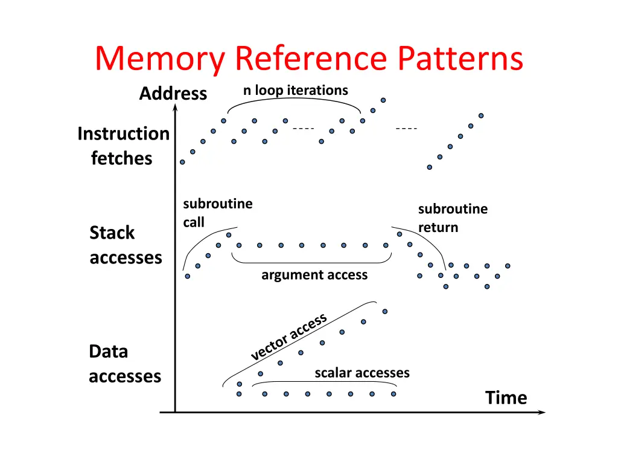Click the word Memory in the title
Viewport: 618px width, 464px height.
pos(159,59)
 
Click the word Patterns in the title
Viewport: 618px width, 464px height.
pos(460,58)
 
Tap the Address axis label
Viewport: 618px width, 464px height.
pos(173,94)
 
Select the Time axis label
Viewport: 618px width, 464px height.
pos(506,398)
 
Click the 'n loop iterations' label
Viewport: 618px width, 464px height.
pos(296,91)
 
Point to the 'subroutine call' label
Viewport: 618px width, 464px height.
pos(217,213)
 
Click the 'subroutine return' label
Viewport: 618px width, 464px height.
pos(453,217)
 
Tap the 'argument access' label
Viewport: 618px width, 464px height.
pos(314,275)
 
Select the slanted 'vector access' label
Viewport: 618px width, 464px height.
pos(289,337)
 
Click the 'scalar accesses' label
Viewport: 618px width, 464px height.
pos(362,373)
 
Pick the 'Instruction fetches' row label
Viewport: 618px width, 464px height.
pos(123,146)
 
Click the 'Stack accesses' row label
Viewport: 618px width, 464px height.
pos(126,245)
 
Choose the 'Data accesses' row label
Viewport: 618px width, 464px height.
pos(125,364)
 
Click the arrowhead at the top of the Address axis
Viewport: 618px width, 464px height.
pos(176,106)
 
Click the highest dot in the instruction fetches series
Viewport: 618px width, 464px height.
pos(383,100)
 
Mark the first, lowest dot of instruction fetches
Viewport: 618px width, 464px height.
pos(182,162)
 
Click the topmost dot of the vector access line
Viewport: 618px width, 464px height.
pos(385,312)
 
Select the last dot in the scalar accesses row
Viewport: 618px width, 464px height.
pos(393,394)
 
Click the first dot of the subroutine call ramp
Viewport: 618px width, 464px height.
pos(188,276)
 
